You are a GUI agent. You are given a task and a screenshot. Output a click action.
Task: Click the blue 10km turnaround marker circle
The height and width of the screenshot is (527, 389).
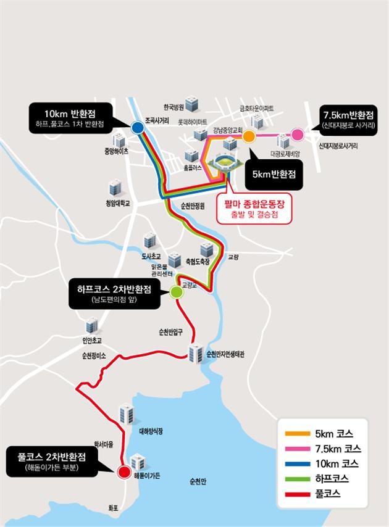[137, 128]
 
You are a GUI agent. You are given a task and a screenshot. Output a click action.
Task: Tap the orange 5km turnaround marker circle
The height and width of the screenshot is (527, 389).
[249, 136]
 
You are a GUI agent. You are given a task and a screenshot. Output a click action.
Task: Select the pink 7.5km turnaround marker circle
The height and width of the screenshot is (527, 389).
[298, 135]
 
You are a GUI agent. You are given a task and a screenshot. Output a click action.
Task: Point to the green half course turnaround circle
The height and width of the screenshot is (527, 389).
[177, 293]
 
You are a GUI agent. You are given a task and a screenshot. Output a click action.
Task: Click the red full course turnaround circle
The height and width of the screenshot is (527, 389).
[123, 473]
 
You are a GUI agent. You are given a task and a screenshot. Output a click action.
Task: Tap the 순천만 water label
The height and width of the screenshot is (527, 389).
[199, 481]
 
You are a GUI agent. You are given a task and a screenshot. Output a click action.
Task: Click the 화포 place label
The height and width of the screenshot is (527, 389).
[113, 508]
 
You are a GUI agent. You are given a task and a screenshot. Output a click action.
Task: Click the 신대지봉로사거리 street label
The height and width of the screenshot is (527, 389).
[338, 147]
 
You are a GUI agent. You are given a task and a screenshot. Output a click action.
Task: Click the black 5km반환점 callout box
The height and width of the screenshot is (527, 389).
[272, 175]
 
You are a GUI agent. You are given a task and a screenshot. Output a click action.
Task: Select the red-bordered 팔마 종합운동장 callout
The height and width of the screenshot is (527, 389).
[254, 209]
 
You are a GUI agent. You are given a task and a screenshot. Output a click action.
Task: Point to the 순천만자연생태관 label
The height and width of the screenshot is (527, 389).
[225, 354]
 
